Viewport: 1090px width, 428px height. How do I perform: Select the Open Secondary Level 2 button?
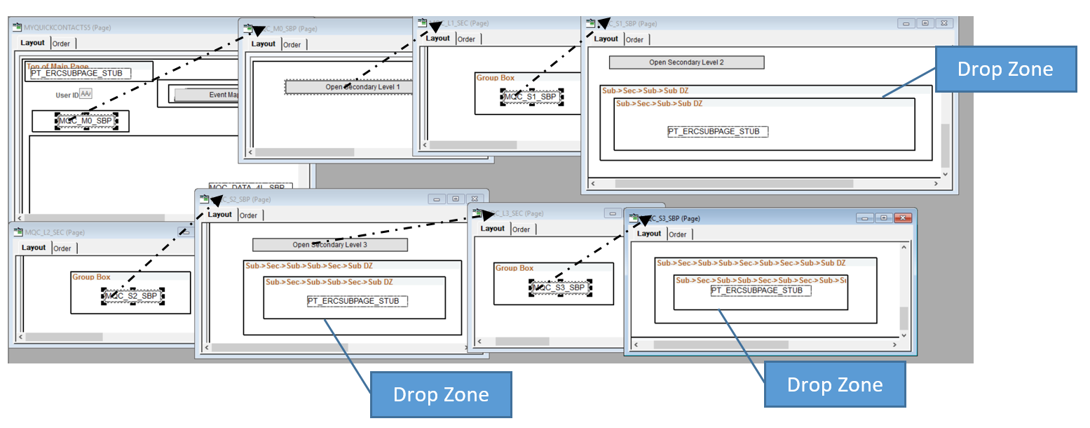[686, 62]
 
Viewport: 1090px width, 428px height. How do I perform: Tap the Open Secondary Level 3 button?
[329, 245]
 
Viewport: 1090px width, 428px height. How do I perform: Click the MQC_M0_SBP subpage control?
[86, 121]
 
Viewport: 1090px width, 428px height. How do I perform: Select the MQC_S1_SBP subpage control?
[531, 97]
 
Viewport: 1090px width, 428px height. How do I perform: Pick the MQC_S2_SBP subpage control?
[132, 296]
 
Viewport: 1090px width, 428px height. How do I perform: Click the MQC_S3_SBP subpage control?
[560, 287]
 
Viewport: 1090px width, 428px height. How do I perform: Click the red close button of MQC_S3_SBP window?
[903, 218]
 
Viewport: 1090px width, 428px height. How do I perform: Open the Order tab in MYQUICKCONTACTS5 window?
[61, 44]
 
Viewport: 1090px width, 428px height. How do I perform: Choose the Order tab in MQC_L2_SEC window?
[62, 248]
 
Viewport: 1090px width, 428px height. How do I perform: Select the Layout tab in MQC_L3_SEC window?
[492, 229]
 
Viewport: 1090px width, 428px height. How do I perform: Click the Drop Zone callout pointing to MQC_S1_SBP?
[1005, 69]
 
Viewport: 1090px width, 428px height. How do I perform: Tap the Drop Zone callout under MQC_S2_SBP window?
[441, 394]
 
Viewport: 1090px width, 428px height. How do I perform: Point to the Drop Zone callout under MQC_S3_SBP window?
[834, 384]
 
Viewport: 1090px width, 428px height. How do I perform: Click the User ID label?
[67, 95]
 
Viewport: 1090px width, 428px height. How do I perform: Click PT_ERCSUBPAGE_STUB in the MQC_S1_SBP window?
[718, 131]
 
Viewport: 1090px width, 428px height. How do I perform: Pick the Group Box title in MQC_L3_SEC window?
[515, 268]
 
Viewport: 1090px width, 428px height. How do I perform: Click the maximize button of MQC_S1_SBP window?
[925, 23]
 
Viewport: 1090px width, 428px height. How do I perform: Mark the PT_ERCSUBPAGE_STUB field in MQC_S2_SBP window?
[357, 301]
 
